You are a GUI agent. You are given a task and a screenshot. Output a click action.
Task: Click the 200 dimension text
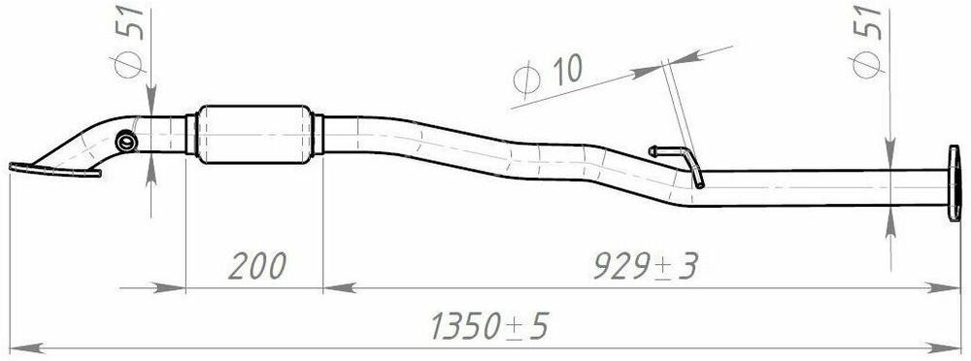point(257,266)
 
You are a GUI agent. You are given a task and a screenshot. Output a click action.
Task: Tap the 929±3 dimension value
point(646,266)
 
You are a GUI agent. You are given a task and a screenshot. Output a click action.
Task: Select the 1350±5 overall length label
point(489,325)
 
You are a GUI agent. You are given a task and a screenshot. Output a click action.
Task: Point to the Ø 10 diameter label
point(549,76)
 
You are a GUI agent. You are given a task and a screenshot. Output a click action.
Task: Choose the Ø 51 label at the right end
point(867,42)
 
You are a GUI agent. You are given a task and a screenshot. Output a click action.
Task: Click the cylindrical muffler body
point(253,134)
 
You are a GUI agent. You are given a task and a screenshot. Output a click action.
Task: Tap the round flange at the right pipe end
point(954,182)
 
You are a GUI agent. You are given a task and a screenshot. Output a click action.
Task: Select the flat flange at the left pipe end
point(54,169)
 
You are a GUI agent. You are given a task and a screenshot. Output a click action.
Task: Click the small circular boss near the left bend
point(126,142)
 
